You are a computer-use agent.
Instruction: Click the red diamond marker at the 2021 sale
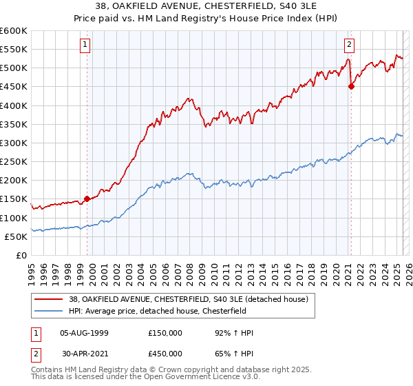(351, 86)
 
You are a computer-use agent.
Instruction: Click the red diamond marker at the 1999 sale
(87, 199)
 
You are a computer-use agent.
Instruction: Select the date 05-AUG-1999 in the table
(84, 333)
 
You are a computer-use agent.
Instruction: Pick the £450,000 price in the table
(165, 352)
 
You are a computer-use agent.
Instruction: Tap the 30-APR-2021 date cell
(84, 352)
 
